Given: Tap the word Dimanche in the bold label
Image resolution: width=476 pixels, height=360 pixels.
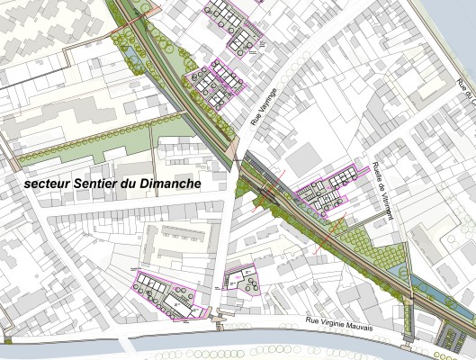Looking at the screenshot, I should click(168, 182).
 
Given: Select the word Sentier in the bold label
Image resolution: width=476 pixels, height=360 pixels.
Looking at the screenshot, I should click(97, 182).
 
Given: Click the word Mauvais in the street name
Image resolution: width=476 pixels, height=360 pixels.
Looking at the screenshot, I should click(378, 326).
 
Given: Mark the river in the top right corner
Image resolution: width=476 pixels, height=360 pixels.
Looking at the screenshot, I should click(454, 27).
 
